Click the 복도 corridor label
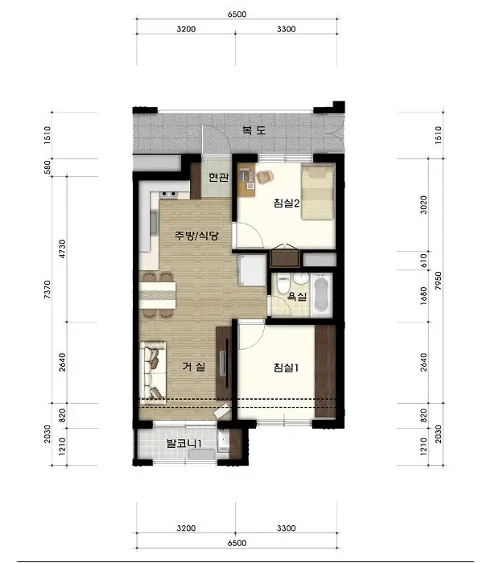[254, 130]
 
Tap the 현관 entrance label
[219, 178]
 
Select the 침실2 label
[287, 203]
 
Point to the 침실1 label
[286, 368]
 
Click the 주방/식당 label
[196, 236]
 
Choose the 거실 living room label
[194, 367]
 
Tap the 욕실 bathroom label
[297, 297]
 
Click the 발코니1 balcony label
[184, 444]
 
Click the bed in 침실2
[317, 191]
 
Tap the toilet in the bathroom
[283, 284]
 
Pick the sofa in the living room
[153, 372]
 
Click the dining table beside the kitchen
[158, 295]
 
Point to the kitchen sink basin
[154, 223]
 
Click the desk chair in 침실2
[265, 176]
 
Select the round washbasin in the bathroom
[300, 278]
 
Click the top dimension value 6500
[237, 14]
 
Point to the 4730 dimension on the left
[62, 249]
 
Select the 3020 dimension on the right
[423, 205]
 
